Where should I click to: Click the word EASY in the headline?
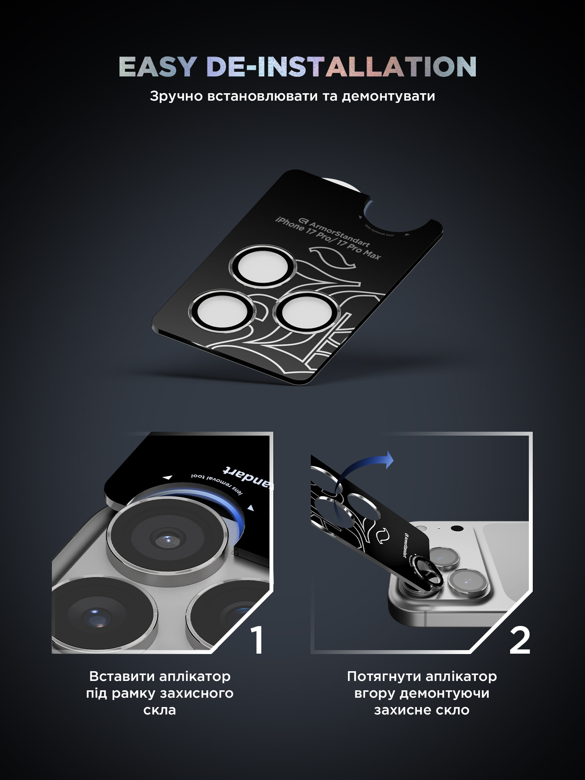[x=157, y=67]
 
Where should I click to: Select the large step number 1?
[x=257, y=640]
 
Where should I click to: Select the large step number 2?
[x=520, y=640]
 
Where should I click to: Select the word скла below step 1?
[x=160, y=710]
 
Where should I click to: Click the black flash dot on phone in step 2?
[x=457, y=529]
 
